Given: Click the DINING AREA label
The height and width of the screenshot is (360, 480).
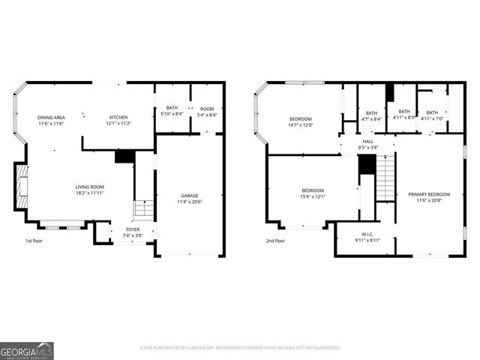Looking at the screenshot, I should [51, 118].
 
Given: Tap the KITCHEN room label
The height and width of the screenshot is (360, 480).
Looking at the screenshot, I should [118, 118].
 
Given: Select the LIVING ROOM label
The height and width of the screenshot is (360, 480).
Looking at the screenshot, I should [89, 187].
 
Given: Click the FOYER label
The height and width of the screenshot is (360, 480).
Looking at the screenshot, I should [132, 230].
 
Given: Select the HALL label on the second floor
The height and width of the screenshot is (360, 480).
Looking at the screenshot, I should [367, 141].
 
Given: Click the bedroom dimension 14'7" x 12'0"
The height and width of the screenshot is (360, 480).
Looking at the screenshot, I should [301, 124].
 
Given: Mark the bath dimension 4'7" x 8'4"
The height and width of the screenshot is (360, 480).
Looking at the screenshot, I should [371, 118].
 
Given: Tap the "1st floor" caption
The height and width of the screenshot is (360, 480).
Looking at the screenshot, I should [34, 241].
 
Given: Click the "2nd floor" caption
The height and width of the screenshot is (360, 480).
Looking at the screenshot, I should [275, 241].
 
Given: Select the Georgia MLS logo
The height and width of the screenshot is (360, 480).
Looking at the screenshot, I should [27, 350].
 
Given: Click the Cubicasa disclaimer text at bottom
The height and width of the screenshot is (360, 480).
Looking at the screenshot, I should [240, 347].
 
